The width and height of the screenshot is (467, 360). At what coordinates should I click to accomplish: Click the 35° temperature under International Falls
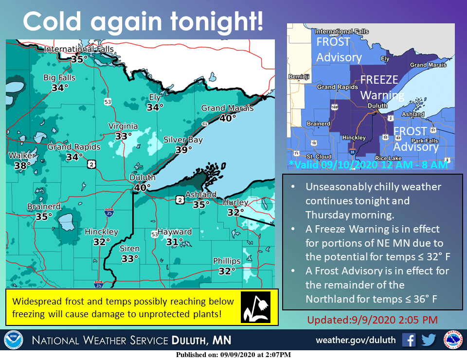79,59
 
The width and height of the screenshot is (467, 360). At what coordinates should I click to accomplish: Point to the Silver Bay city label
183,140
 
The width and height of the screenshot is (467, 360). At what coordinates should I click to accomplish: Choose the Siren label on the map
130,249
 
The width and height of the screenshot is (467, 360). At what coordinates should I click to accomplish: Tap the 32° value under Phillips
227,271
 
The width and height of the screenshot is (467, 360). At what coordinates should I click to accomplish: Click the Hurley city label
235,202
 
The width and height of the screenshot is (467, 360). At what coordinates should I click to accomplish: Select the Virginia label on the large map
123,126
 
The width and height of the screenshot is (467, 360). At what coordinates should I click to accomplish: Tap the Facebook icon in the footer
409,340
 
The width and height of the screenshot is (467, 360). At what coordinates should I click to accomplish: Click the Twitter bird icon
428,340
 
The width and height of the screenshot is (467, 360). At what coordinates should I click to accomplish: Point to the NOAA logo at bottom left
13,340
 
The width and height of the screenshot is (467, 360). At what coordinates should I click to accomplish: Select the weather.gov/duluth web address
356,340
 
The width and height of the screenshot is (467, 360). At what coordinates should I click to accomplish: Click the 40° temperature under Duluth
143,187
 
